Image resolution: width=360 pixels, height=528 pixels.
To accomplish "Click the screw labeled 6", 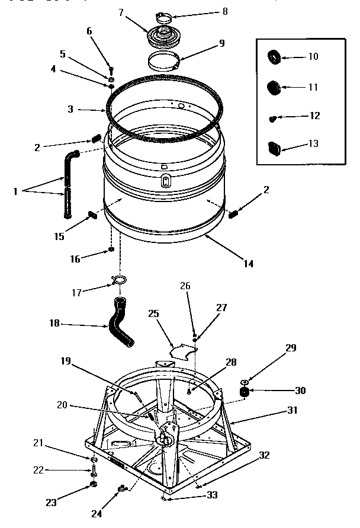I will [110, 71].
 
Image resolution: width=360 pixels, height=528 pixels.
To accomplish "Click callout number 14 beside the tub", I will [249, 264].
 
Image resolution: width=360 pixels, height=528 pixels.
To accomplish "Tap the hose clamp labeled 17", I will [118, 279].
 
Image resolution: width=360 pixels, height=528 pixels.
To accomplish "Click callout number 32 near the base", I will [264, 456].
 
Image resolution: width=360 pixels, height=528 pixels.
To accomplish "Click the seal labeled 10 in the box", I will [275, 57].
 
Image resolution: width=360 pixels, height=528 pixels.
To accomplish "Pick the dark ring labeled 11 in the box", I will [274, 87].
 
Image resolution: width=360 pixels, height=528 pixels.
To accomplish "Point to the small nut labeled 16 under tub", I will [111, 250].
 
